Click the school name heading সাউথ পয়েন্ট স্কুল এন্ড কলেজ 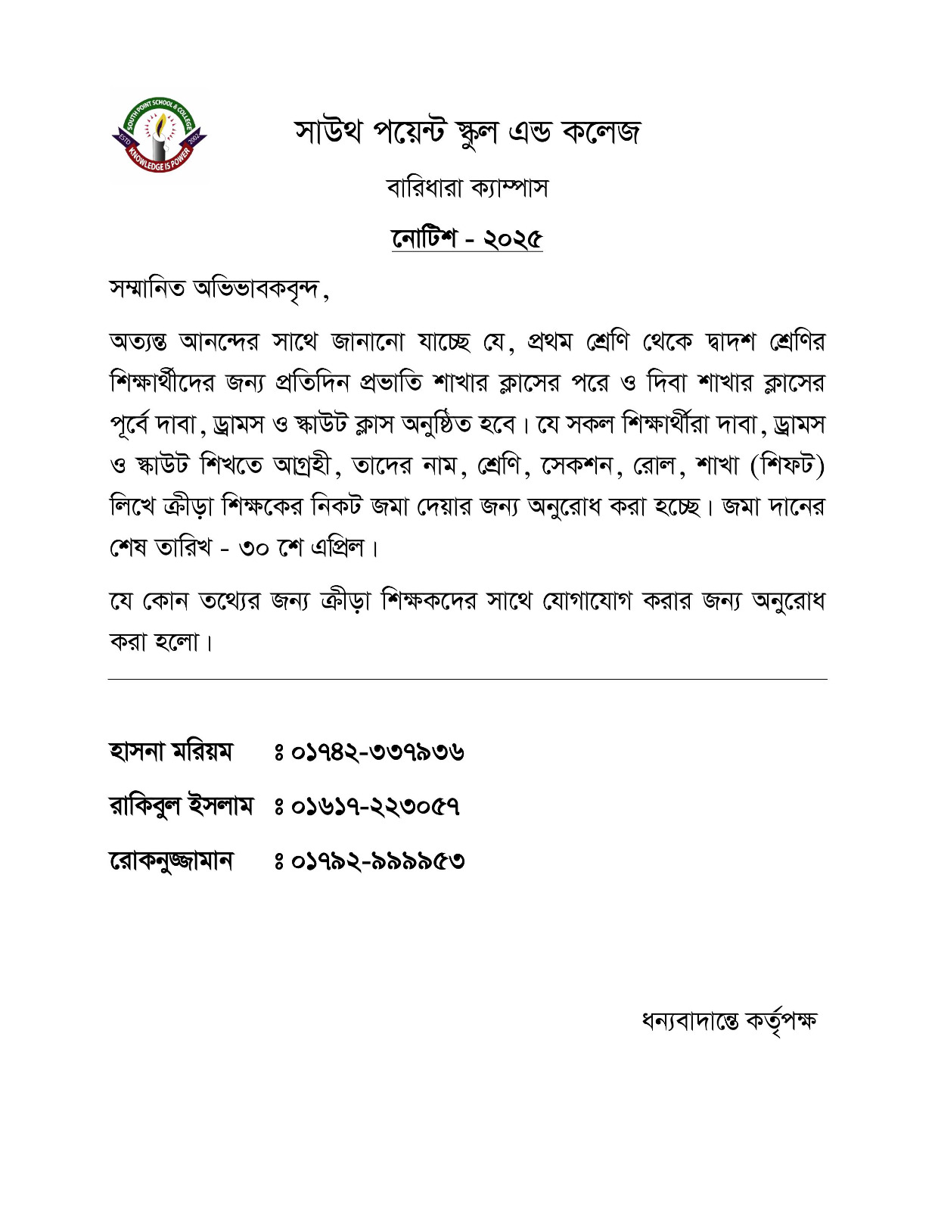[467, 132]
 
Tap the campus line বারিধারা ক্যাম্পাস [467, 187]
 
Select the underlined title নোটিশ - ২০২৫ [467, 238]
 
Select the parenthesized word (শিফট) [787, 465]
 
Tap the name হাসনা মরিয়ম [171, 752]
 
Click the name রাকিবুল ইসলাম [182, 806]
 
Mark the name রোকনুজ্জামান [172, 861]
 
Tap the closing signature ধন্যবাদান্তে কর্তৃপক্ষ [728, 1021]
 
